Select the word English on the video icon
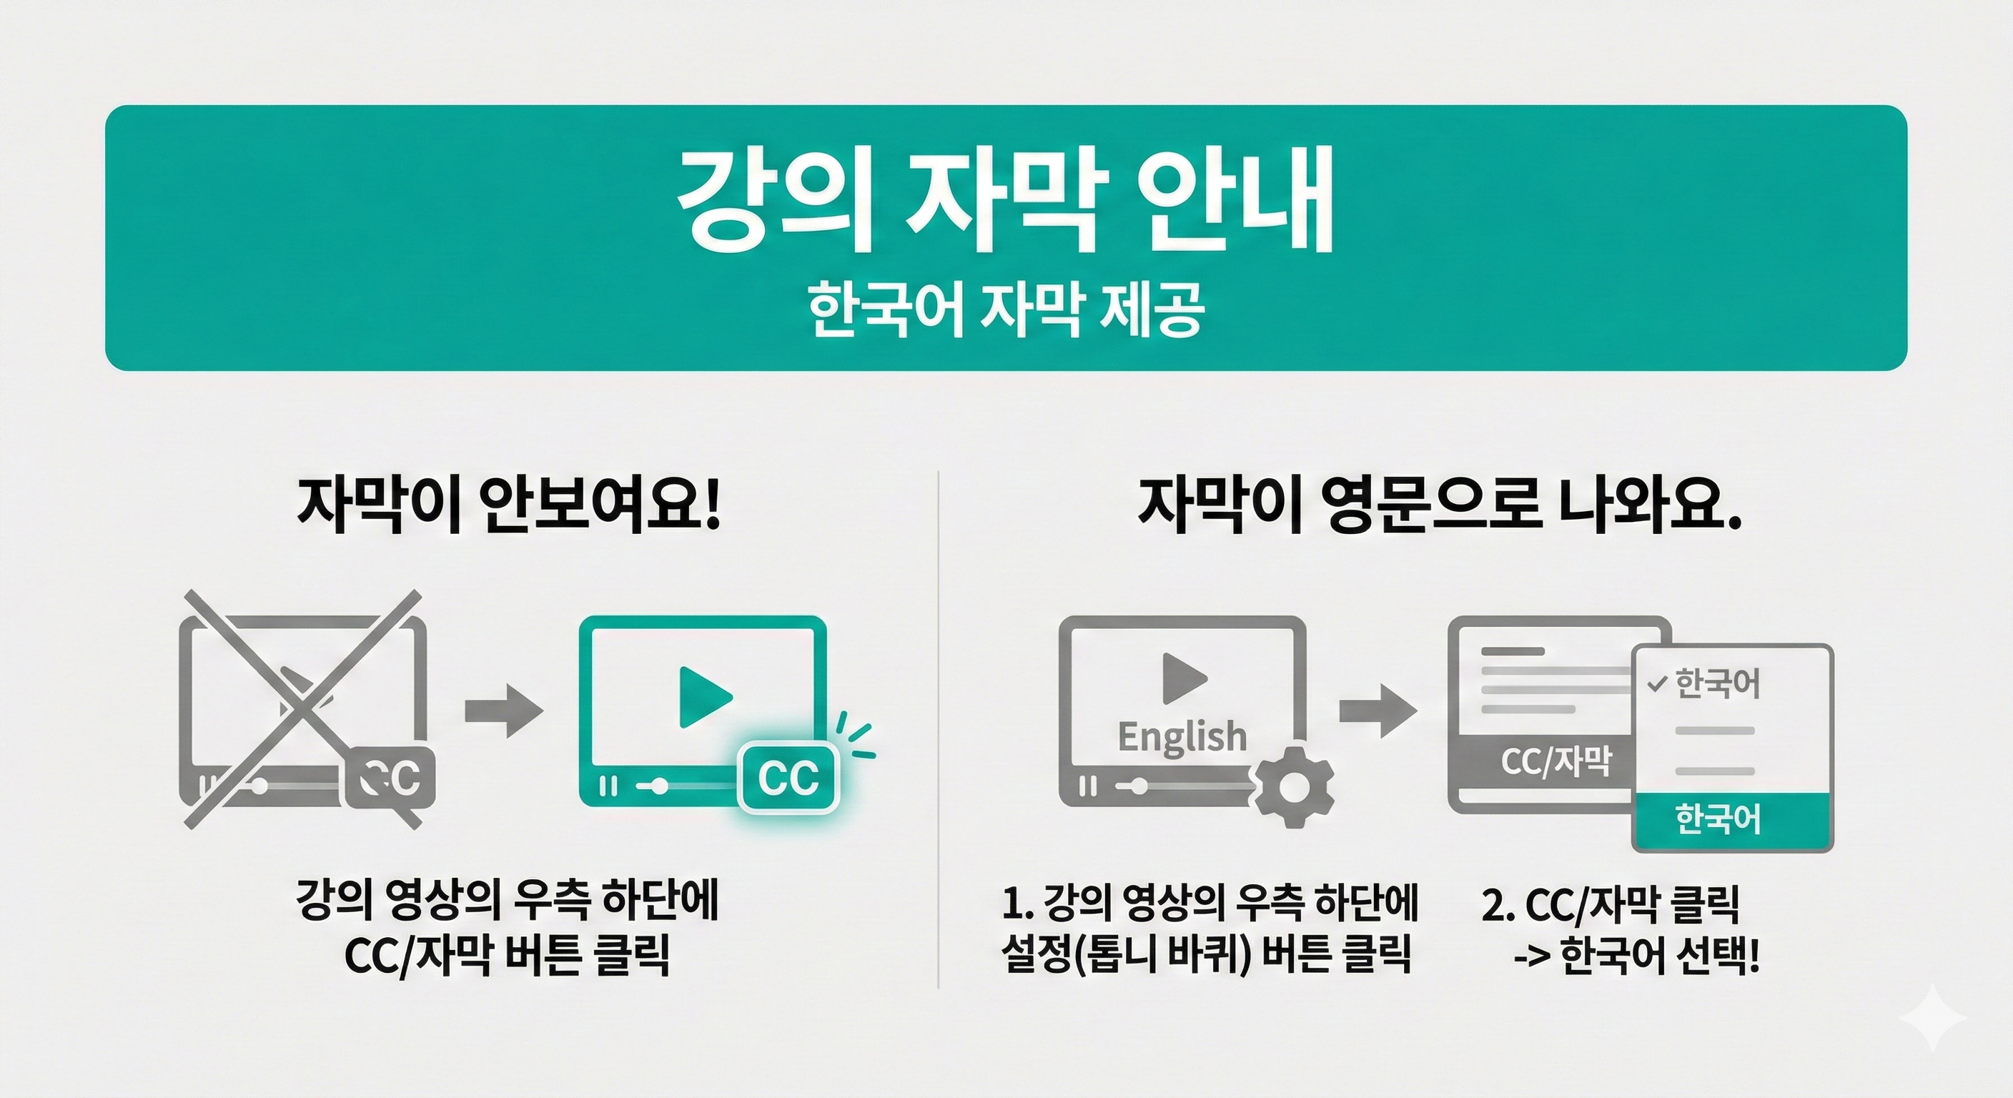[x=1182, y=737]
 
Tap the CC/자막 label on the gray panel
[x=1555, y=761]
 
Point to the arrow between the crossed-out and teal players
[x=503, y=711]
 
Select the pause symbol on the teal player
[x=607, y=786]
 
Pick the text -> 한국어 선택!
[x=1636, y=955]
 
